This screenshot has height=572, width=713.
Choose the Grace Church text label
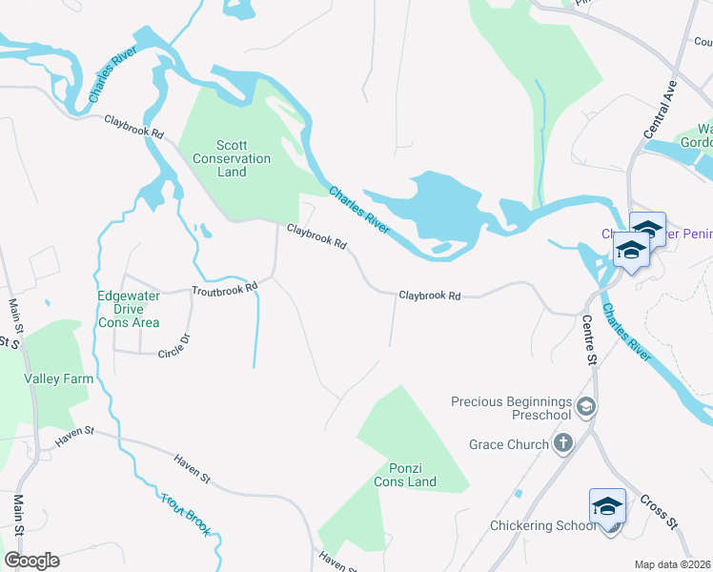coord(509,444)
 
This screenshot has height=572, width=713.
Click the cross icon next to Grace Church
coord(563,443)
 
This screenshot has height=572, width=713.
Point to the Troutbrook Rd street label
coord(225,288)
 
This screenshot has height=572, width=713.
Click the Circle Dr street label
coord(174,343)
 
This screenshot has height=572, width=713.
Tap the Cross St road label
coord(659,512)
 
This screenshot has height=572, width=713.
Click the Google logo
coord(31,561)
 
